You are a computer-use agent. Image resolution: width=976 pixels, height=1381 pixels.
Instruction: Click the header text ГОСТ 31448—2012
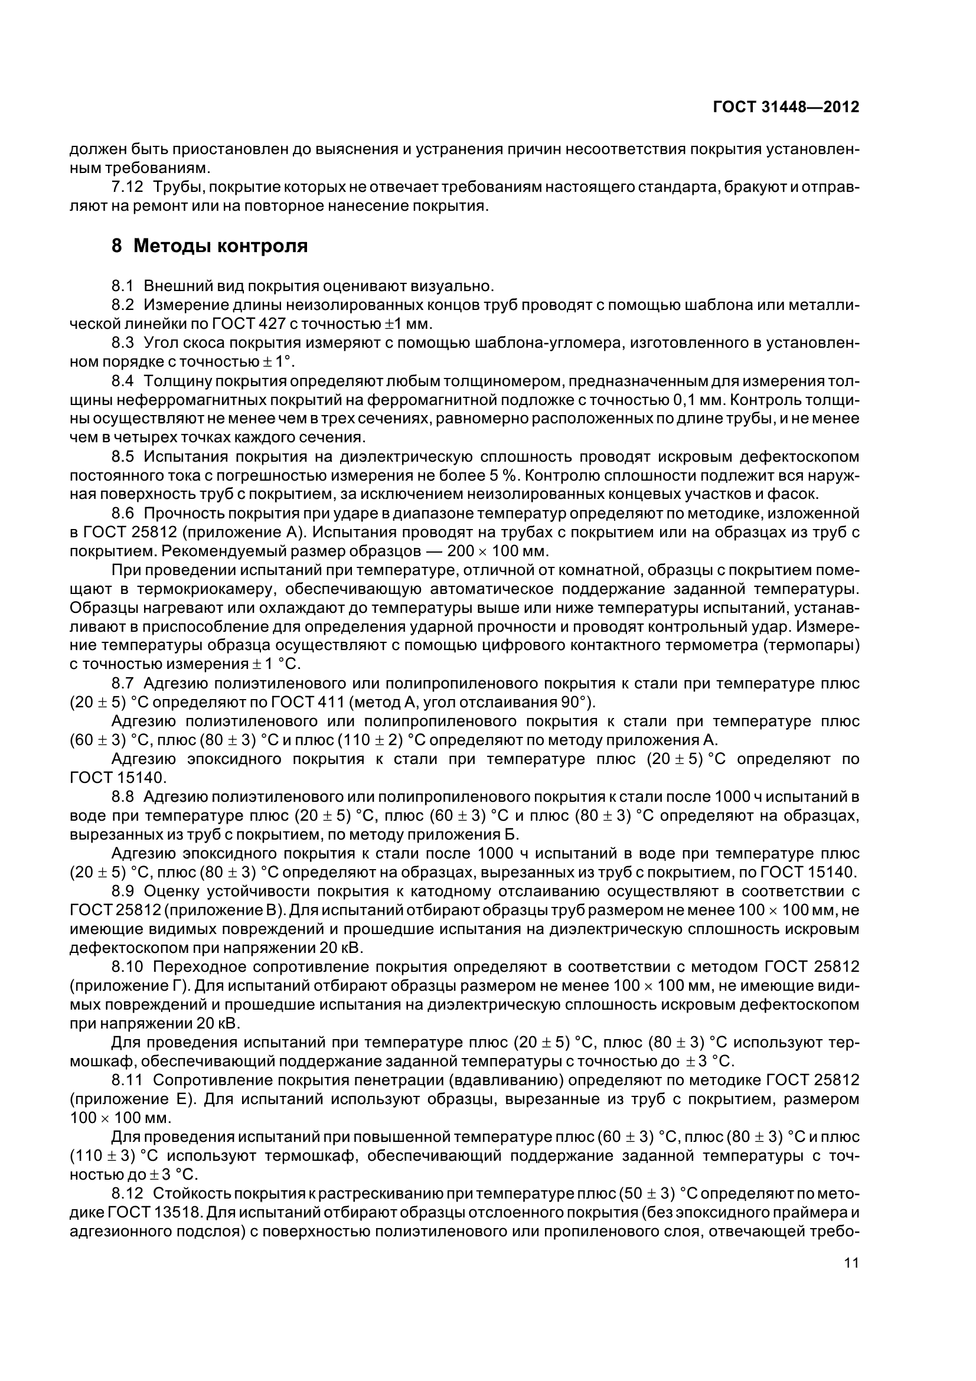(x=785, y=107)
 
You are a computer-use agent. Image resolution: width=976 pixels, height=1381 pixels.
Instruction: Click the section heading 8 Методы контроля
(x=209, y=246)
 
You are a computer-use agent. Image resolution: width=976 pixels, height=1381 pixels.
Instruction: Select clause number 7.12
(x=128, y=187)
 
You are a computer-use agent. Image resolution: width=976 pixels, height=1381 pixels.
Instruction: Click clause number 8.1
(x=123, y=286)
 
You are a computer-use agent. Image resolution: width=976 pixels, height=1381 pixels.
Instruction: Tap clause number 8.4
(x=123, y=381)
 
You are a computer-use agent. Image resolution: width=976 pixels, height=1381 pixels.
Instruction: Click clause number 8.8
(x=123, y=797)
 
